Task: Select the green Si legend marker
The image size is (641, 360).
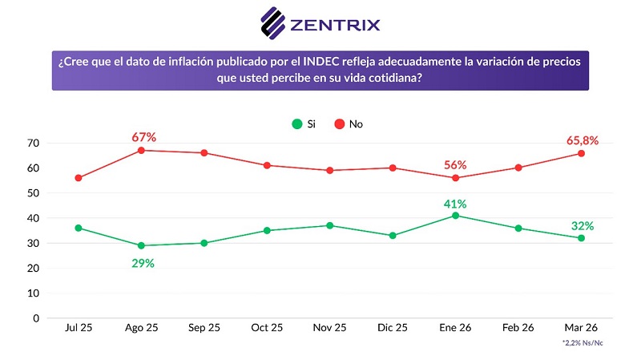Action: pos(297,124)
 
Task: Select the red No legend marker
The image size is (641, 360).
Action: pos(340,124)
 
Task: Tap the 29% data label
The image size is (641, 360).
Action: pos(143,263)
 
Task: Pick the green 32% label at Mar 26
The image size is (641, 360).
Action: pos(583,225)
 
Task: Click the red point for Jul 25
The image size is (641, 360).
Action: pos(79,178)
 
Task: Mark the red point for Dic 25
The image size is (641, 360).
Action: pos(393,168)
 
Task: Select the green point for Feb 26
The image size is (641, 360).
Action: pos(518,228)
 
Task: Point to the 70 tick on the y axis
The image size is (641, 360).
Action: pos(33,143)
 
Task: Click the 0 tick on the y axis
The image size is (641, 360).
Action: pos(36,318)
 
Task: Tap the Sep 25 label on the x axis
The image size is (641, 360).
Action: pos(204,328)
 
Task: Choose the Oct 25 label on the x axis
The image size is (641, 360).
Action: pos(267,328)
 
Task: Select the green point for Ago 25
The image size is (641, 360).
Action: pos(142,245)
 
